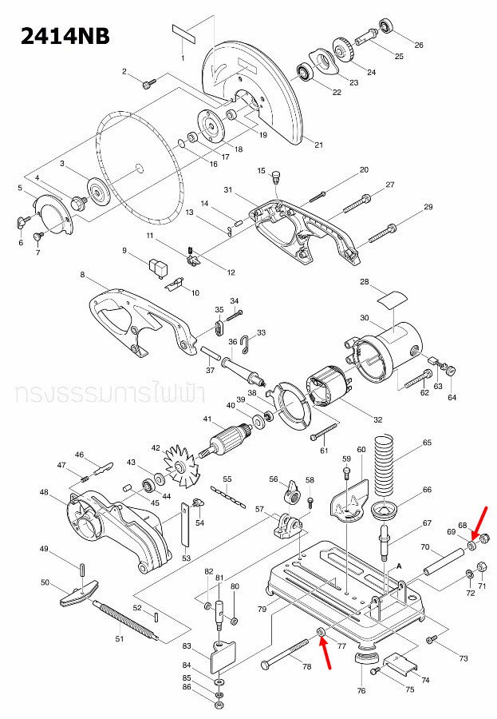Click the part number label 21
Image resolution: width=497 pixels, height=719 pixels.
pos(318,145)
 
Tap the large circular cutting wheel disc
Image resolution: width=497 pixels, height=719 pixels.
pos(140,164)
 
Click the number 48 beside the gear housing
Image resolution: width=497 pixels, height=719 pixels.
pos(45,492)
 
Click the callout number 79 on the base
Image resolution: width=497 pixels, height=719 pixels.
pos(261,610)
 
